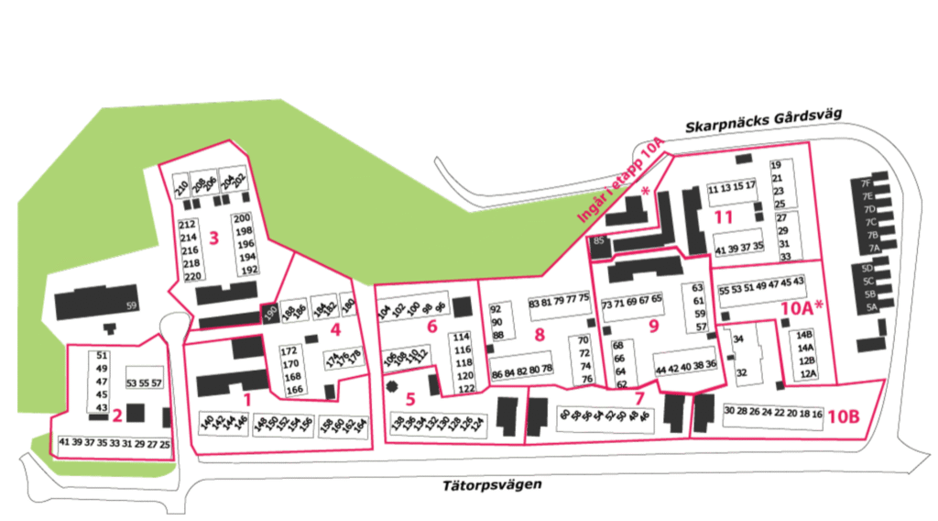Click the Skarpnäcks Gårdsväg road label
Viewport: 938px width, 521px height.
click(762, 122)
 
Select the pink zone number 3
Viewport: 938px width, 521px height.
click(213, 238)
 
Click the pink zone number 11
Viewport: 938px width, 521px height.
click(724, 217)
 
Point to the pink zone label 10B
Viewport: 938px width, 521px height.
click(843, 416)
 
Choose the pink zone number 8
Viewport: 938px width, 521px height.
click(540, 334)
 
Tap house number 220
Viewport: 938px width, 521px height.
click(192, 276)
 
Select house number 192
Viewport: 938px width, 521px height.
click(247, 271)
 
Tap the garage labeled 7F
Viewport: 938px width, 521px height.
click(865, 183)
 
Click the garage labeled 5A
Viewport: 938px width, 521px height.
click(870, 308)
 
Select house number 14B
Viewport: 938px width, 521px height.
click(805, 335)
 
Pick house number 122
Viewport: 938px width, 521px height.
click(465, 389)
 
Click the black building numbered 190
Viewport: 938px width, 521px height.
click(270, 313)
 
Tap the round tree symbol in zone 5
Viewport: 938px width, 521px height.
click(394, 387)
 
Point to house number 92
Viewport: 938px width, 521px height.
click(497, 309)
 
